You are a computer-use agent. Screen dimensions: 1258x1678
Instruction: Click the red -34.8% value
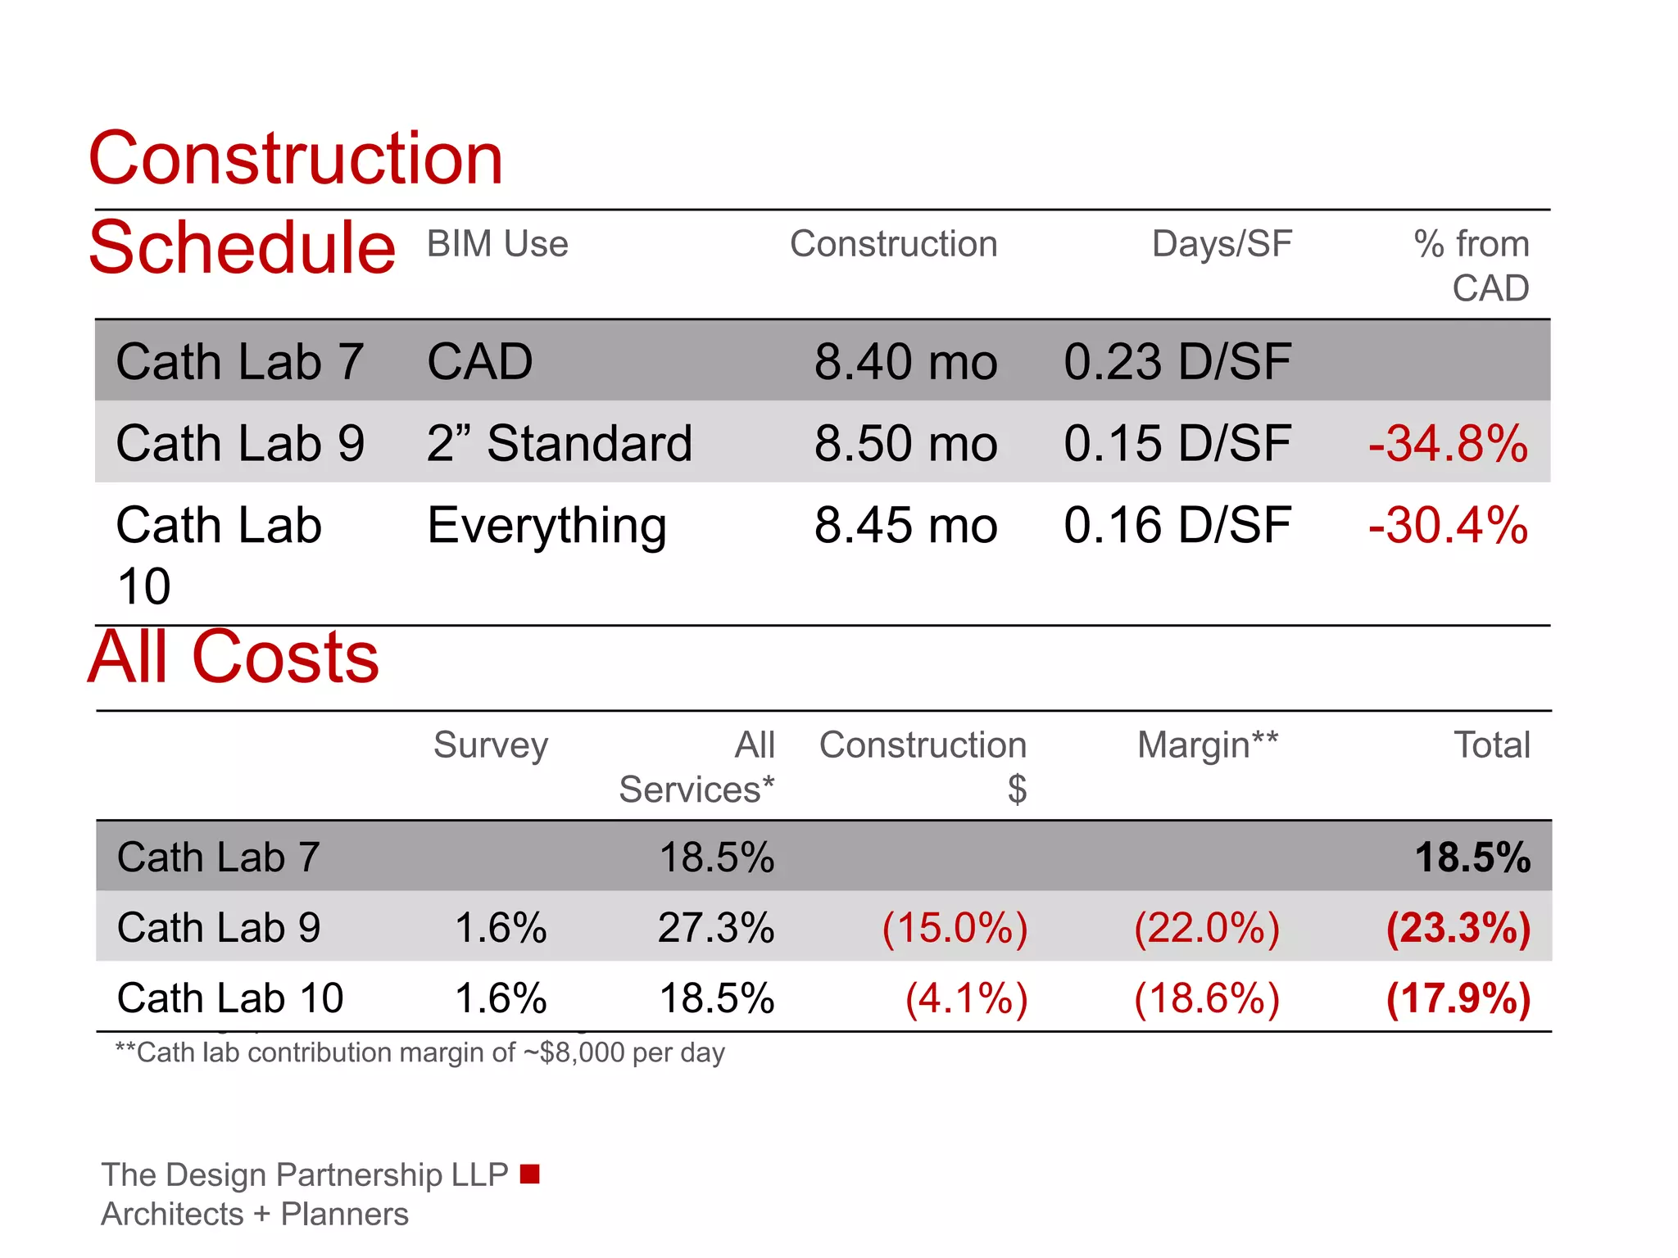point(1447,443)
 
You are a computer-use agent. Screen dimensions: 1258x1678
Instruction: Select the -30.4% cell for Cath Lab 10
point(1447,525)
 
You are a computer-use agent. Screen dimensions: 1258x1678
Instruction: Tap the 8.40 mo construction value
point(905,361)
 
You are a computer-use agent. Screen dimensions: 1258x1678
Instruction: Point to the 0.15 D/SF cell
point(1177,443)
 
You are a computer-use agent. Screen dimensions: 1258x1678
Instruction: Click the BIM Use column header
point(497,244)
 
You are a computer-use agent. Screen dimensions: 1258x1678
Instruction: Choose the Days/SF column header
point(1222,244)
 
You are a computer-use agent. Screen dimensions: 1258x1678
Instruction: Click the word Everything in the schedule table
point(546,526)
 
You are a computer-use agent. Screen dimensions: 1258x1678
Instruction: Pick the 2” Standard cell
point(560,443)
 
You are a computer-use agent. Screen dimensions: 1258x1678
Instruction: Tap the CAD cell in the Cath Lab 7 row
point(480,361)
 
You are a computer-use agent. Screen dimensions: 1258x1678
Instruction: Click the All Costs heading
point(234,657)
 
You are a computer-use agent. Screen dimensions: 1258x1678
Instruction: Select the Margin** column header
point(1207,745)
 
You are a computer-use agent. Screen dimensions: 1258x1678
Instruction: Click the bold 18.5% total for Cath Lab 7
point(1472,858)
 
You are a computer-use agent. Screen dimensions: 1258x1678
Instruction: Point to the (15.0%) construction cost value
point(955,928)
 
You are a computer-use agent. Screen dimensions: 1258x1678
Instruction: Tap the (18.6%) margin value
point(1207,998)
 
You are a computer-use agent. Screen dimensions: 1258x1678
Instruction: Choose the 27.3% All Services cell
point(716,928)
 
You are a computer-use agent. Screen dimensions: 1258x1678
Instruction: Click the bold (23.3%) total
point(1458,928)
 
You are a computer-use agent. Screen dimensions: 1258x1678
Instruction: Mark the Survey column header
point(491,745)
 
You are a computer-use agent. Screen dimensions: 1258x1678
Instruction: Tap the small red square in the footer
point(530,1174)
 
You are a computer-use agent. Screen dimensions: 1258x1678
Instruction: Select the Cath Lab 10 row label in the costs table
point(230,998)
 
